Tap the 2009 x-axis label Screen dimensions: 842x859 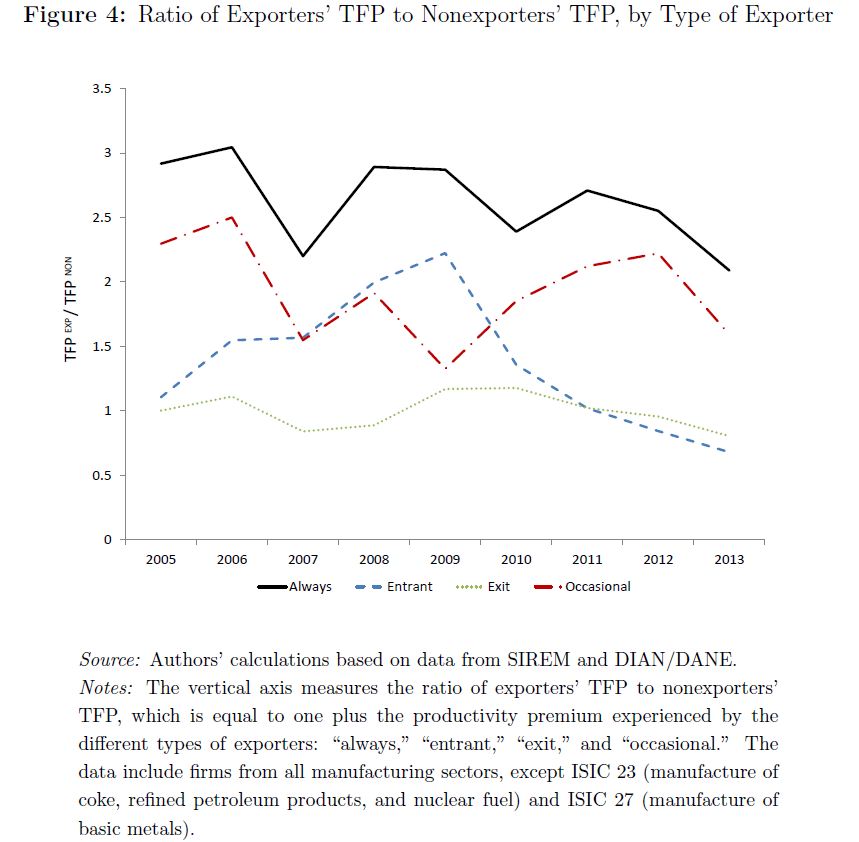tap(444, 559)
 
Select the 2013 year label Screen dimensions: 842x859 tap(729, 559)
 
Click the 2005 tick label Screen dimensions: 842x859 tap(160, 559)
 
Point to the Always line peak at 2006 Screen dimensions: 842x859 tap(231, 147)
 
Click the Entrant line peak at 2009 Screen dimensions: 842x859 tap(444, 253)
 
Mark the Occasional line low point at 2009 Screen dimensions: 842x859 tap(444, 368)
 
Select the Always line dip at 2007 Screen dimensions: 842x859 tap(302, 256)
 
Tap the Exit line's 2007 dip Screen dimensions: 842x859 tap(302, 431)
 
